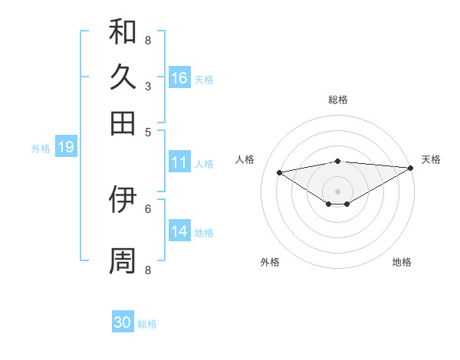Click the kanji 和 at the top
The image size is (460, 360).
(x=123, y=32)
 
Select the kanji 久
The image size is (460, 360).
(x=123, y=77)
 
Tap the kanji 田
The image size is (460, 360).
(x=123, y=123)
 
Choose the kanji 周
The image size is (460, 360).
(x=123, y=260)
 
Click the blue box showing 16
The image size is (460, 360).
(x=179, y=78)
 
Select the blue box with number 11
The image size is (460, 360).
(x=179, y=162)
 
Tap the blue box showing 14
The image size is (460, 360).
(x=179, y=231)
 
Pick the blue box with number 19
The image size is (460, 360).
(x=66, y=148)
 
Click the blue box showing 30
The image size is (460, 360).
(x=123, y=322)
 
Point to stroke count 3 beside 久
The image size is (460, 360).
(x=148, y=86)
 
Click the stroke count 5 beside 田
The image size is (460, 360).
(x=148, y=131)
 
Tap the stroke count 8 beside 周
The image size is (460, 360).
(x=148, y=270)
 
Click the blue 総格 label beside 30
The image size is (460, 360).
(x=147, y=324)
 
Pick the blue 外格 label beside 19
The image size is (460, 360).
(x=40, y=149)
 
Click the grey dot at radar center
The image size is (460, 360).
(x=337, y=191)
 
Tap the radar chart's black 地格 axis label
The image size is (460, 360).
(x=402, y=262)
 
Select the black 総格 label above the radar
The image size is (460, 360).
(x=337, y=100)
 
